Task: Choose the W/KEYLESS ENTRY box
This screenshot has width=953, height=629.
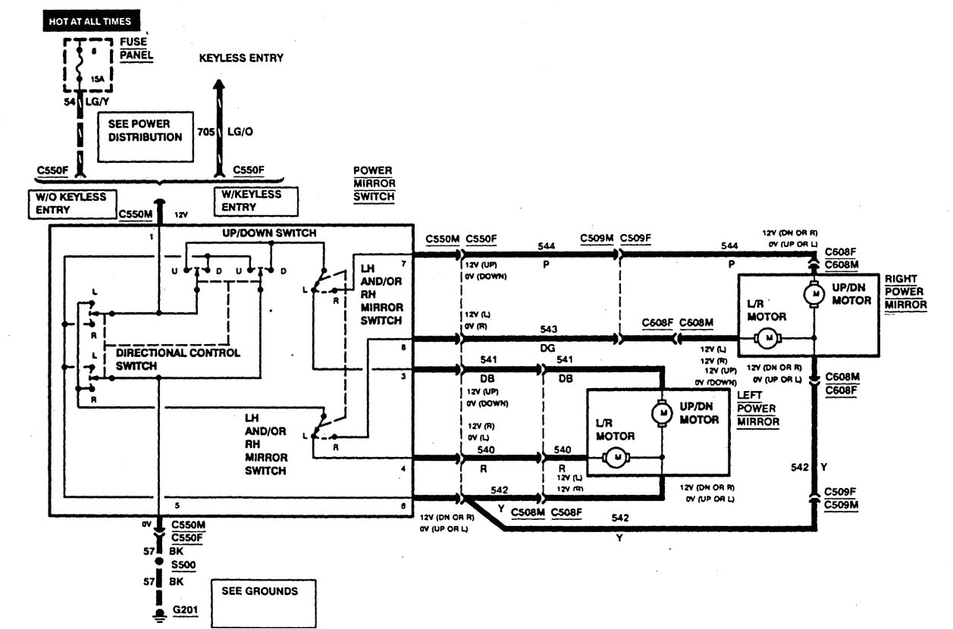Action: tap(255, 201)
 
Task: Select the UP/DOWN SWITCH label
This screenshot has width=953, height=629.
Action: tap(269, 233)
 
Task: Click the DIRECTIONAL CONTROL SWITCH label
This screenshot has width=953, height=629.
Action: tap(177, 359)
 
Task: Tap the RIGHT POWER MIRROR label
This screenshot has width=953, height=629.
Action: tap(905, 292)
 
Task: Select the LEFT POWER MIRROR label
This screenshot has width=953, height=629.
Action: tap(757, 408)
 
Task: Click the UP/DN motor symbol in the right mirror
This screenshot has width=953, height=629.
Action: tap(814, 293)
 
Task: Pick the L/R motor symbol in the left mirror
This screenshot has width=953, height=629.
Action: tap(616, 457)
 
